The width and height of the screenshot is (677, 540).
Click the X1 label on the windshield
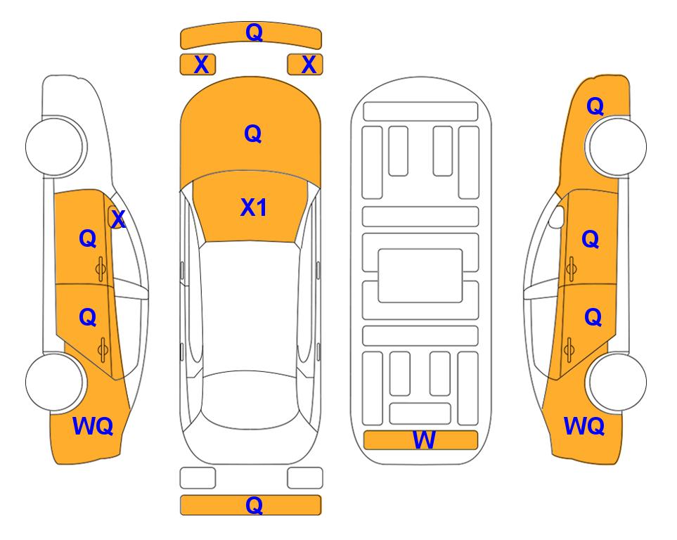point(254,207)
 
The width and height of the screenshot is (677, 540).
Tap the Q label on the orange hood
point(253,134)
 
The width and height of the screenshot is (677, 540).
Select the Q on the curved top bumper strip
point(254,32)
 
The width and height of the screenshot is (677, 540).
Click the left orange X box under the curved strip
point(198,65)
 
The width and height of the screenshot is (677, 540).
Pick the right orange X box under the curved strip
point(305,65)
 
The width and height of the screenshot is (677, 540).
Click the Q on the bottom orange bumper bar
point(254,505)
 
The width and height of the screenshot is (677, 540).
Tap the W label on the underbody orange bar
point(423,440)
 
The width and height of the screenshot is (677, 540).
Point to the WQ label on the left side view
point(93,426)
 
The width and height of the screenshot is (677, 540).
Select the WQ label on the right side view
point(584,426)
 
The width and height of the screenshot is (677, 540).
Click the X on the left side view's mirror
point(118,219)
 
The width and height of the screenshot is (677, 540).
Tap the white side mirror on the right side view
point(557,217)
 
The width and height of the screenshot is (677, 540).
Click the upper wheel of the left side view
point(54,146)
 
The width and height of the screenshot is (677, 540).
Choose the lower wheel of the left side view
point(54,382)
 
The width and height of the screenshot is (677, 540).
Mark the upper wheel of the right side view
point(617,146)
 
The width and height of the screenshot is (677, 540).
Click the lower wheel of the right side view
point(617,382)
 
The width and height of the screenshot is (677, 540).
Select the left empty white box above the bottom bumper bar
point(198,478)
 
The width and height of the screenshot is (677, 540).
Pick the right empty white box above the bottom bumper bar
point(305,478)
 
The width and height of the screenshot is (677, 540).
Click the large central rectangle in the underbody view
point(420,276)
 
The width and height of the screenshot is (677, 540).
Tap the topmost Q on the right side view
point(595,106)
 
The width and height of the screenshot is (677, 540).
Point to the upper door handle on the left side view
point(101,269)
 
